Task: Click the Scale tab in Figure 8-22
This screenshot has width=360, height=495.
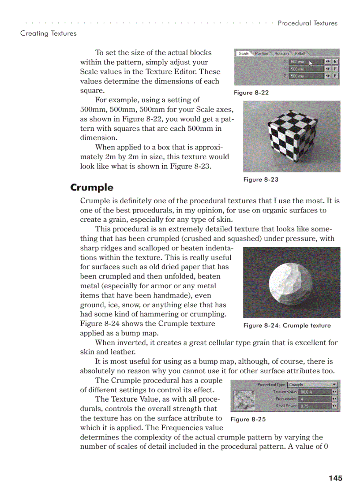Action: coord(244,53)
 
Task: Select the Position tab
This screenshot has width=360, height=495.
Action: coord(262,53)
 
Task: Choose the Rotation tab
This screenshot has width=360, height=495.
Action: coord(281,53)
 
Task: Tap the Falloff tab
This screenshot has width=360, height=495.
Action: coord(300,53)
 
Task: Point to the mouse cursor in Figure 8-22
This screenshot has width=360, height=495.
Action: coord(311,64)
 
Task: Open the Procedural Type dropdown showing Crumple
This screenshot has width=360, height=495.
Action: coord(312,384)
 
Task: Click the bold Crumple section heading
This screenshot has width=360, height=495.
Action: coord(92,187)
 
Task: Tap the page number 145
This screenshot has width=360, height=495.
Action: coord(335,478)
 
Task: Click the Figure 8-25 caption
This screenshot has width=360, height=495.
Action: coord(248,419)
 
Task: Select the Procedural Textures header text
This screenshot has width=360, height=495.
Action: coord(307,23)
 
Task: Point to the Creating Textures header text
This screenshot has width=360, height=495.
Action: coord(48,33)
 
